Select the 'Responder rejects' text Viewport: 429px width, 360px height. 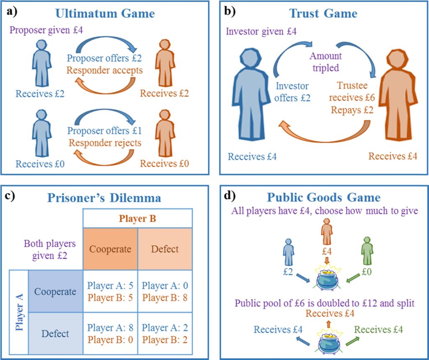point(105,143)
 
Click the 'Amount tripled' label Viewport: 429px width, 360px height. point(326,62)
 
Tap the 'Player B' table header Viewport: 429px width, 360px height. point(137,218)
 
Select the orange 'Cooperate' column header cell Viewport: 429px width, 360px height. point(110,249)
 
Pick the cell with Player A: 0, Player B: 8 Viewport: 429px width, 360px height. point(165,291)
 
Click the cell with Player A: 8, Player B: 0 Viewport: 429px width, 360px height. point(110,334)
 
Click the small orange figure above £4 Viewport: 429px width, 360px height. point(327,233)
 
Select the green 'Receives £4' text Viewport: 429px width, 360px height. point(379,329)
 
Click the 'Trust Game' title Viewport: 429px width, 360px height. point(323,13)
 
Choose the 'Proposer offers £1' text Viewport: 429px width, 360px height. point(105,131)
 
